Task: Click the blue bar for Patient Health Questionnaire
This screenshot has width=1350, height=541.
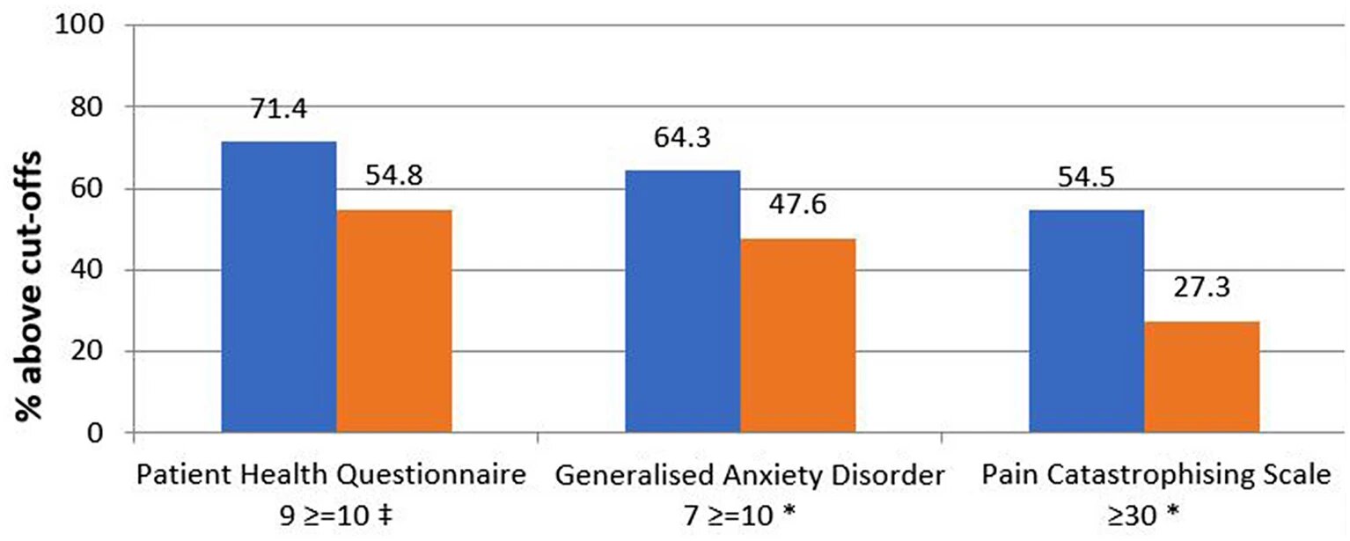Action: (279, 287)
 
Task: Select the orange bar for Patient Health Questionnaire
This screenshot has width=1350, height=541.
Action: (394, 321)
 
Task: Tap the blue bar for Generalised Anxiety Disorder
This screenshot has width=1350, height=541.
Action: (682, 302)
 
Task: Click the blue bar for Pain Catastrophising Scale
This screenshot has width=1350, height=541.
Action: (1086, 321)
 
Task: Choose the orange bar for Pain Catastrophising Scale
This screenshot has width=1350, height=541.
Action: (1201, 377)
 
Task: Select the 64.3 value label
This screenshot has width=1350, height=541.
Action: (682, 138)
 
